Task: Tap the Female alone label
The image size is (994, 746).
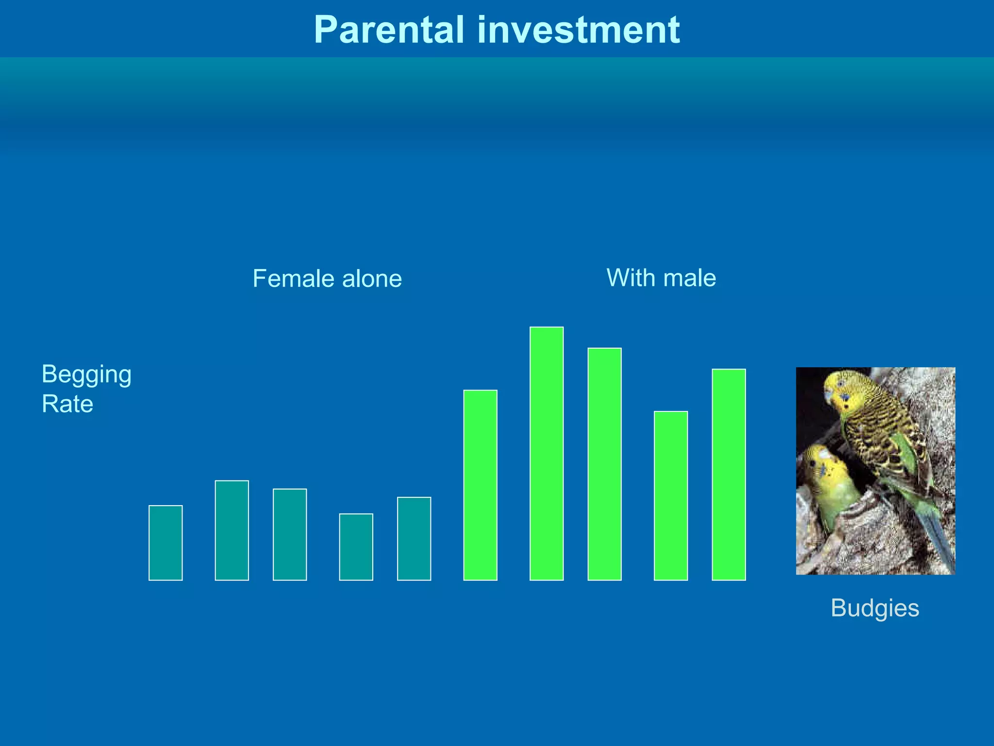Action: pyautogui.click(x=327, y=279)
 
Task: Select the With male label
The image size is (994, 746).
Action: pyautogui.click(x=661, y=278)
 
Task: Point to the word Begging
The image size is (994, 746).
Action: pyautogui.click(x=86, y=375)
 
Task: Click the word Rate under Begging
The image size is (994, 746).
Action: pyautogui.click(x=67, y=404)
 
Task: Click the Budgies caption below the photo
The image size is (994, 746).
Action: pyautogui.click(x=875, y=608)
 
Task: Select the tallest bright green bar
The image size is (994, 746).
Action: pyautogui.click(x=547, y=454)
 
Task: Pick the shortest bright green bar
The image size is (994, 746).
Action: pyautogui.click(x=671, y=495)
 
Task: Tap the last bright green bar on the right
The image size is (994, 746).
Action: pyautogui.click(x=729, y=475)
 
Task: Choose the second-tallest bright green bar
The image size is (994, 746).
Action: pyautogui.click(x=605, y=464)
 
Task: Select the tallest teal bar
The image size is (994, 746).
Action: pyautogui.click(x=232, y=530)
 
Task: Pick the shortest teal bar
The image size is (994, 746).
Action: pyautogui.click(x=356, y=547)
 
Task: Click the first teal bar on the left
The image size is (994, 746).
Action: pyautogui.click(x=166, y=543)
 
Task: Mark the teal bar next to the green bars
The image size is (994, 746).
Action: pyautogui.click(x=414, y=539)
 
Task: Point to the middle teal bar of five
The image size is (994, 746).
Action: pyautogui.click(x=290, y=534)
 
